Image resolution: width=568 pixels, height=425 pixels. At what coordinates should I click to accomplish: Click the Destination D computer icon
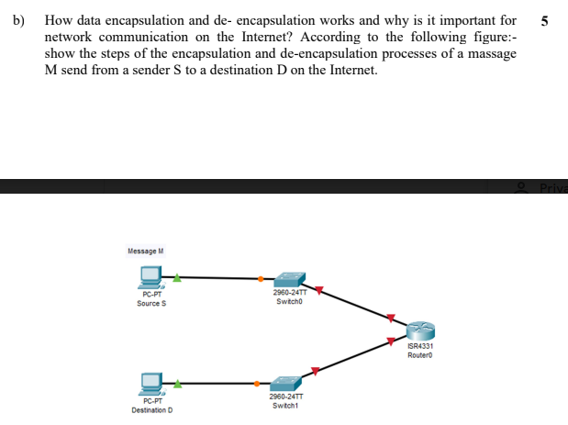coord(151,383)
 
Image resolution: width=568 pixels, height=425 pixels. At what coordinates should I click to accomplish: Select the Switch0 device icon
coord(290,278)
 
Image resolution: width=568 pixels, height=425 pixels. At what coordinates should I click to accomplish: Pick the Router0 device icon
coord(418,331)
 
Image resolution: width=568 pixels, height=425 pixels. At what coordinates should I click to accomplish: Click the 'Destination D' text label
coord(152,409)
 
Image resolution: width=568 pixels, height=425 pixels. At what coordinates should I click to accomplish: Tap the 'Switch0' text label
coord(287,299)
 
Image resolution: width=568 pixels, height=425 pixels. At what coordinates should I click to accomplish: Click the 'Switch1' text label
coord(286,404)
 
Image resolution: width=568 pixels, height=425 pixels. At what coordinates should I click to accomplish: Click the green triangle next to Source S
coord(178,274)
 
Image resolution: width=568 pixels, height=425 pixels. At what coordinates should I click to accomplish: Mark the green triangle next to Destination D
coord(178,383)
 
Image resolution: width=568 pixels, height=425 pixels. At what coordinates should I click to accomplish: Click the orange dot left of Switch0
coord(261,278)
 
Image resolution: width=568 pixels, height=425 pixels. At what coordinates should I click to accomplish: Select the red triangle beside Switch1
coord(316,371)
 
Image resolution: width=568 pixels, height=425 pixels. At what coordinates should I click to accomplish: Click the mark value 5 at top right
coord(546,20)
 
